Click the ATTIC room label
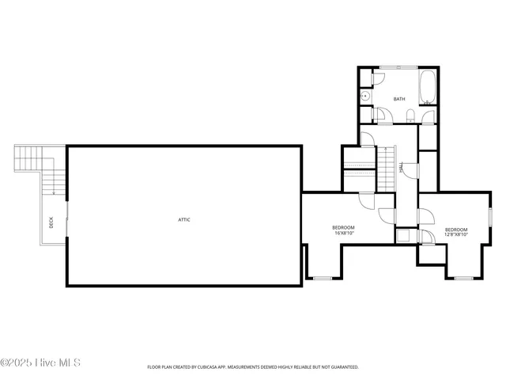tap(183, 219)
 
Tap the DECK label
tap(51, 223)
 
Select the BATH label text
tap(399, 99)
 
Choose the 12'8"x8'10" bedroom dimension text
tap(456, 234)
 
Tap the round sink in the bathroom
tap(365, 97)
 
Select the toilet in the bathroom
tap(409, 117)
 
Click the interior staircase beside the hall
tap(385, 168)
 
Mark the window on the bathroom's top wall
tap(398, 67)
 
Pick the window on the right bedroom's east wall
tap(490, 215)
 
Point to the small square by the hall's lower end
tap(403, 235)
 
